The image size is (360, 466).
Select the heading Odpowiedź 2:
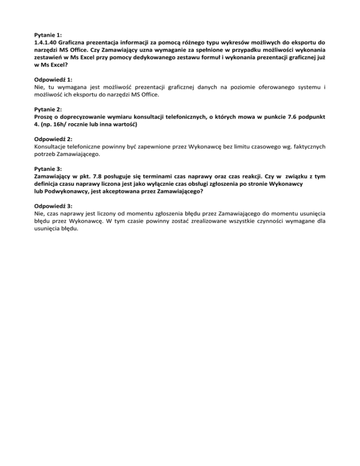[x=53, y=139]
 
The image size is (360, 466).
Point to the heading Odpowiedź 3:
[x=53, y=206]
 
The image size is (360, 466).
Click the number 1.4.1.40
[x=46, y=42]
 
